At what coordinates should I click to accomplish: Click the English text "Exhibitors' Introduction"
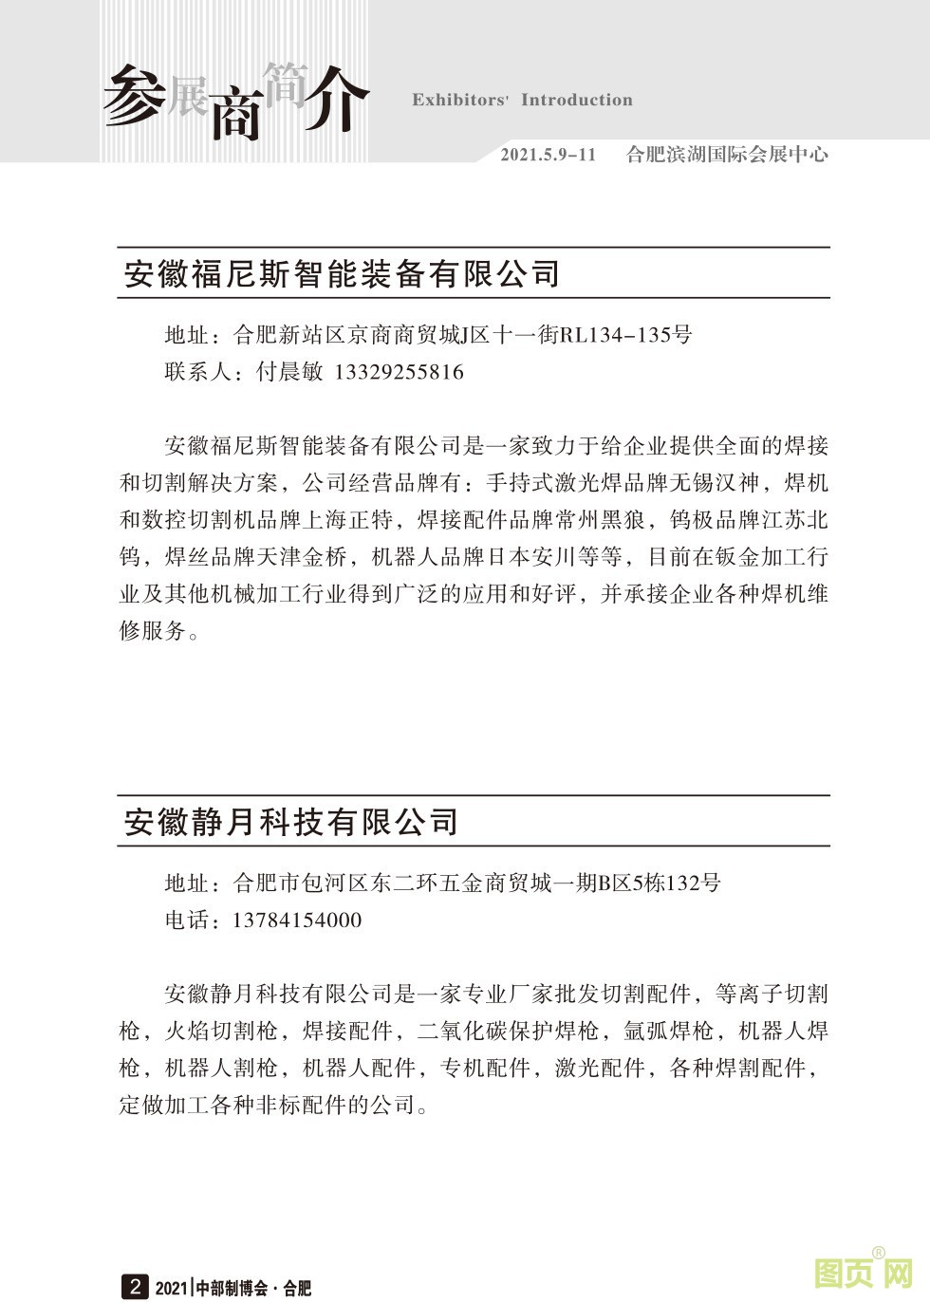click(522, 101)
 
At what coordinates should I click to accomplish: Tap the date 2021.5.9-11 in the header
click(549, 155)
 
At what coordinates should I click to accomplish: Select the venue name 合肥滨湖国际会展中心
click(727, 155)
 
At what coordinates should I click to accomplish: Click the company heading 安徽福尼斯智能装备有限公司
click(343, 274)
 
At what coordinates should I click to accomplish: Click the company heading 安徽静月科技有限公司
click(291, 822)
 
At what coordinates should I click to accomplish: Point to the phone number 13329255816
click(400, 372)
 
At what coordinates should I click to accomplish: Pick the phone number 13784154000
click(297, 921)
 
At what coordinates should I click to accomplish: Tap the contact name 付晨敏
click(290, 372)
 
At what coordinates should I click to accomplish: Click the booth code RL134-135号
click(625, 335)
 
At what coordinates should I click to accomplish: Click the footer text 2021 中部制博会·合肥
click(233, 1288)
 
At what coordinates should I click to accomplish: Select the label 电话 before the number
click(187, 921)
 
